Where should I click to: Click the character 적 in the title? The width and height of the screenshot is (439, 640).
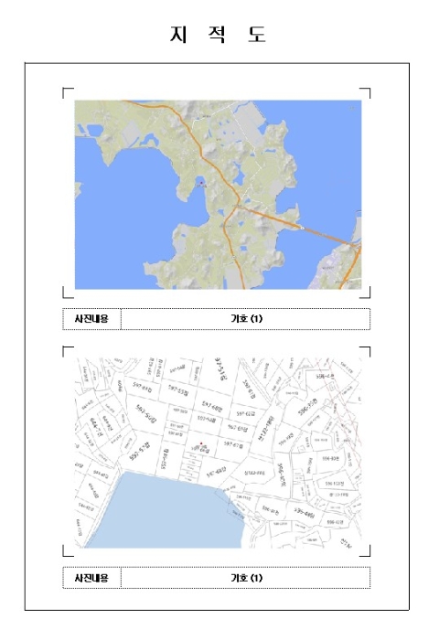coord(219,35)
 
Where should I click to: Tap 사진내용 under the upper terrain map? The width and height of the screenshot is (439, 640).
coord(91,319)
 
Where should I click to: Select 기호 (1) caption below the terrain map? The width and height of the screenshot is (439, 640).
coord(246,319)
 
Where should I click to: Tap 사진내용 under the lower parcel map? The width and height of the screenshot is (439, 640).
coord(91,577)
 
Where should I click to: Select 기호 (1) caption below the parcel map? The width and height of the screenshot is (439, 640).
coord(246,577)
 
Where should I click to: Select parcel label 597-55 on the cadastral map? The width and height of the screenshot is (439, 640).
coord(182,393)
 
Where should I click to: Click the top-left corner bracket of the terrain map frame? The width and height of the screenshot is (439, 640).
coord(65,91)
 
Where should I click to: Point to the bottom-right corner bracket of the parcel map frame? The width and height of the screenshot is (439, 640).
coord(368,552)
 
